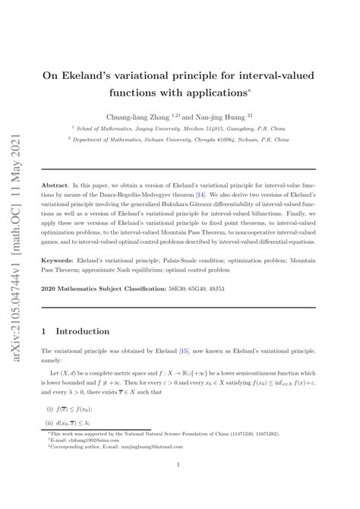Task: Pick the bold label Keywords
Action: [59, 261]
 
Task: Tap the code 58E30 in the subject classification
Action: [178, 289]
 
